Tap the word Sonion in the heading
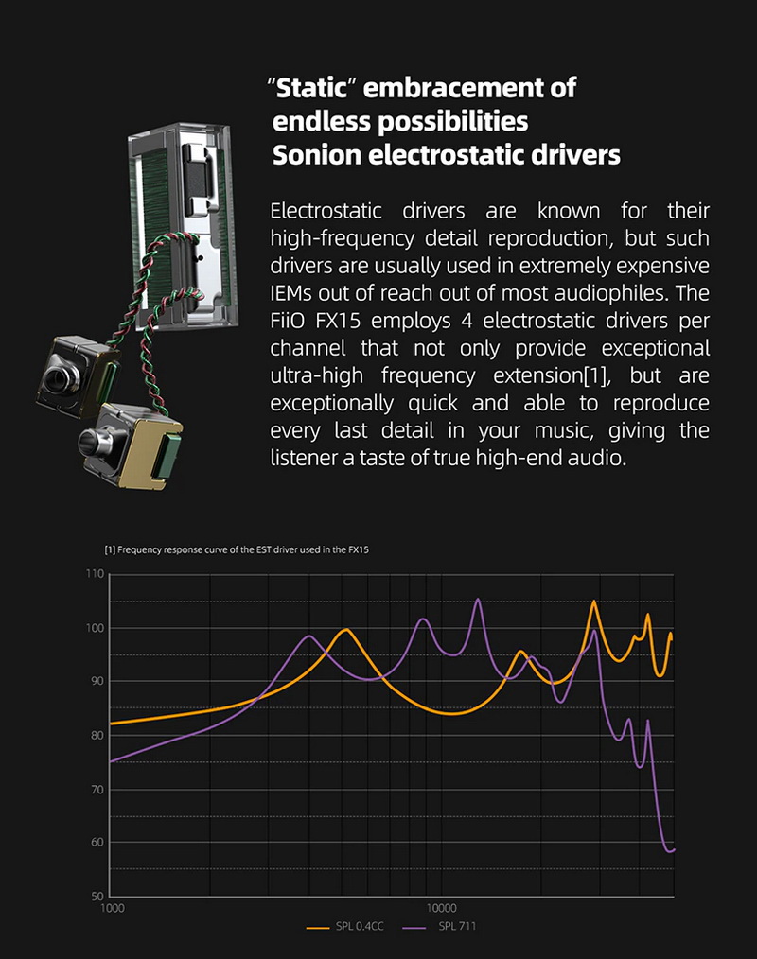click(x=316, y=155)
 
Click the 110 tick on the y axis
click(x=93, y=574)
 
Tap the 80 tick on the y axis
click(x=96, y=735)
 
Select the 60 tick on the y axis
click(x=96, y=842)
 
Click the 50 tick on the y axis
click(x=96, y=896)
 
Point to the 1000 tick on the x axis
click(x=112, y=908)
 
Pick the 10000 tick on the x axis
click(x=441, y=908)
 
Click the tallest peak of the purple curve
click(x=478, y=599)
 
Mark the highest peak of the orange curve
click(x=594, y=602)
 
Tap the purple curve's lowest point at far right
click(x=670, y=851)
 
